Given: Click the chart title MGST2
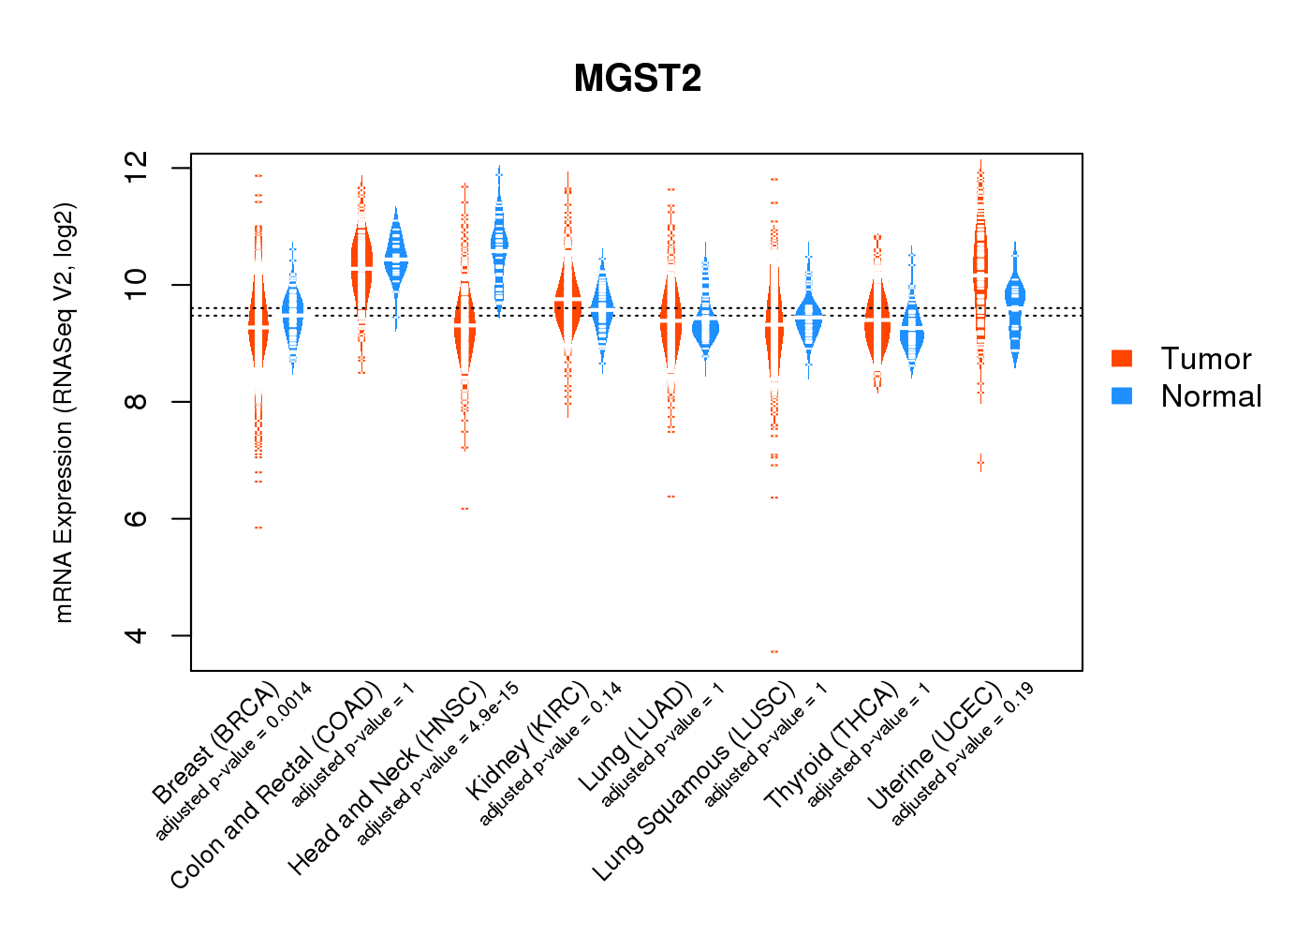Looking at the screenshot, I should [638, 79].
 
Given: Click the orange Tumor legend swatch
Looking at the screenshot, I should [1122, 358].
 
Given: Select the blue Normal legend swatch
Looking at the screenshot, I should [1122, 395].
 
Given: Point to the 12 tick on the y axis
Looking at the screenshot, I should [137, 168].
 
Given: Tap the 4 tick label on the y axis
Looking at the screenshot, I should [137, 635].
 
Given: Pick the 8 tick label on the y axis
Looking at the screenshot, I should [137, 402].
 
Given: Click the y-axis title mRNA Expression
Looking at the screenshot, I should [64, 412].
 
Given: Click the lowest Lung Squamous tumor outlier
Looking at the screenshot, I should [774, 651].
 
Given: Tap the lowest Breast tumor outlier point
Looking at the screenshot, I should [258, 528].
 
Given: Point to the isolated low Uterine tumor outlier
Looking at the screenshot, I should [980, 462].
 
